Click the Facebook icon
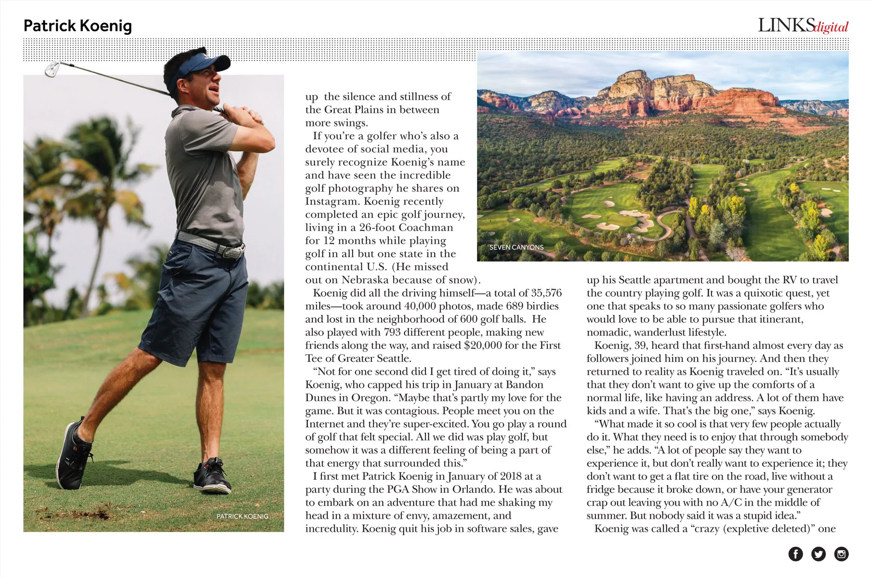795,554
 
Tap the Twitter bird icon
818,554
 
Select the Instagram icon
841,554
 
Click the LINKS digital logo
803,26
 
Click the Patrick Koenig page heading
78,26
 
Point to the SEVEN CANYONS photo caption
516,247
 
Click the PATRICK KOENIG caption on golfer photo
242,516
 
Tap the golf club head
52,69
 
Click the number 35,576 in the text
546,293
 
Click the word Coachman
426,227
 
